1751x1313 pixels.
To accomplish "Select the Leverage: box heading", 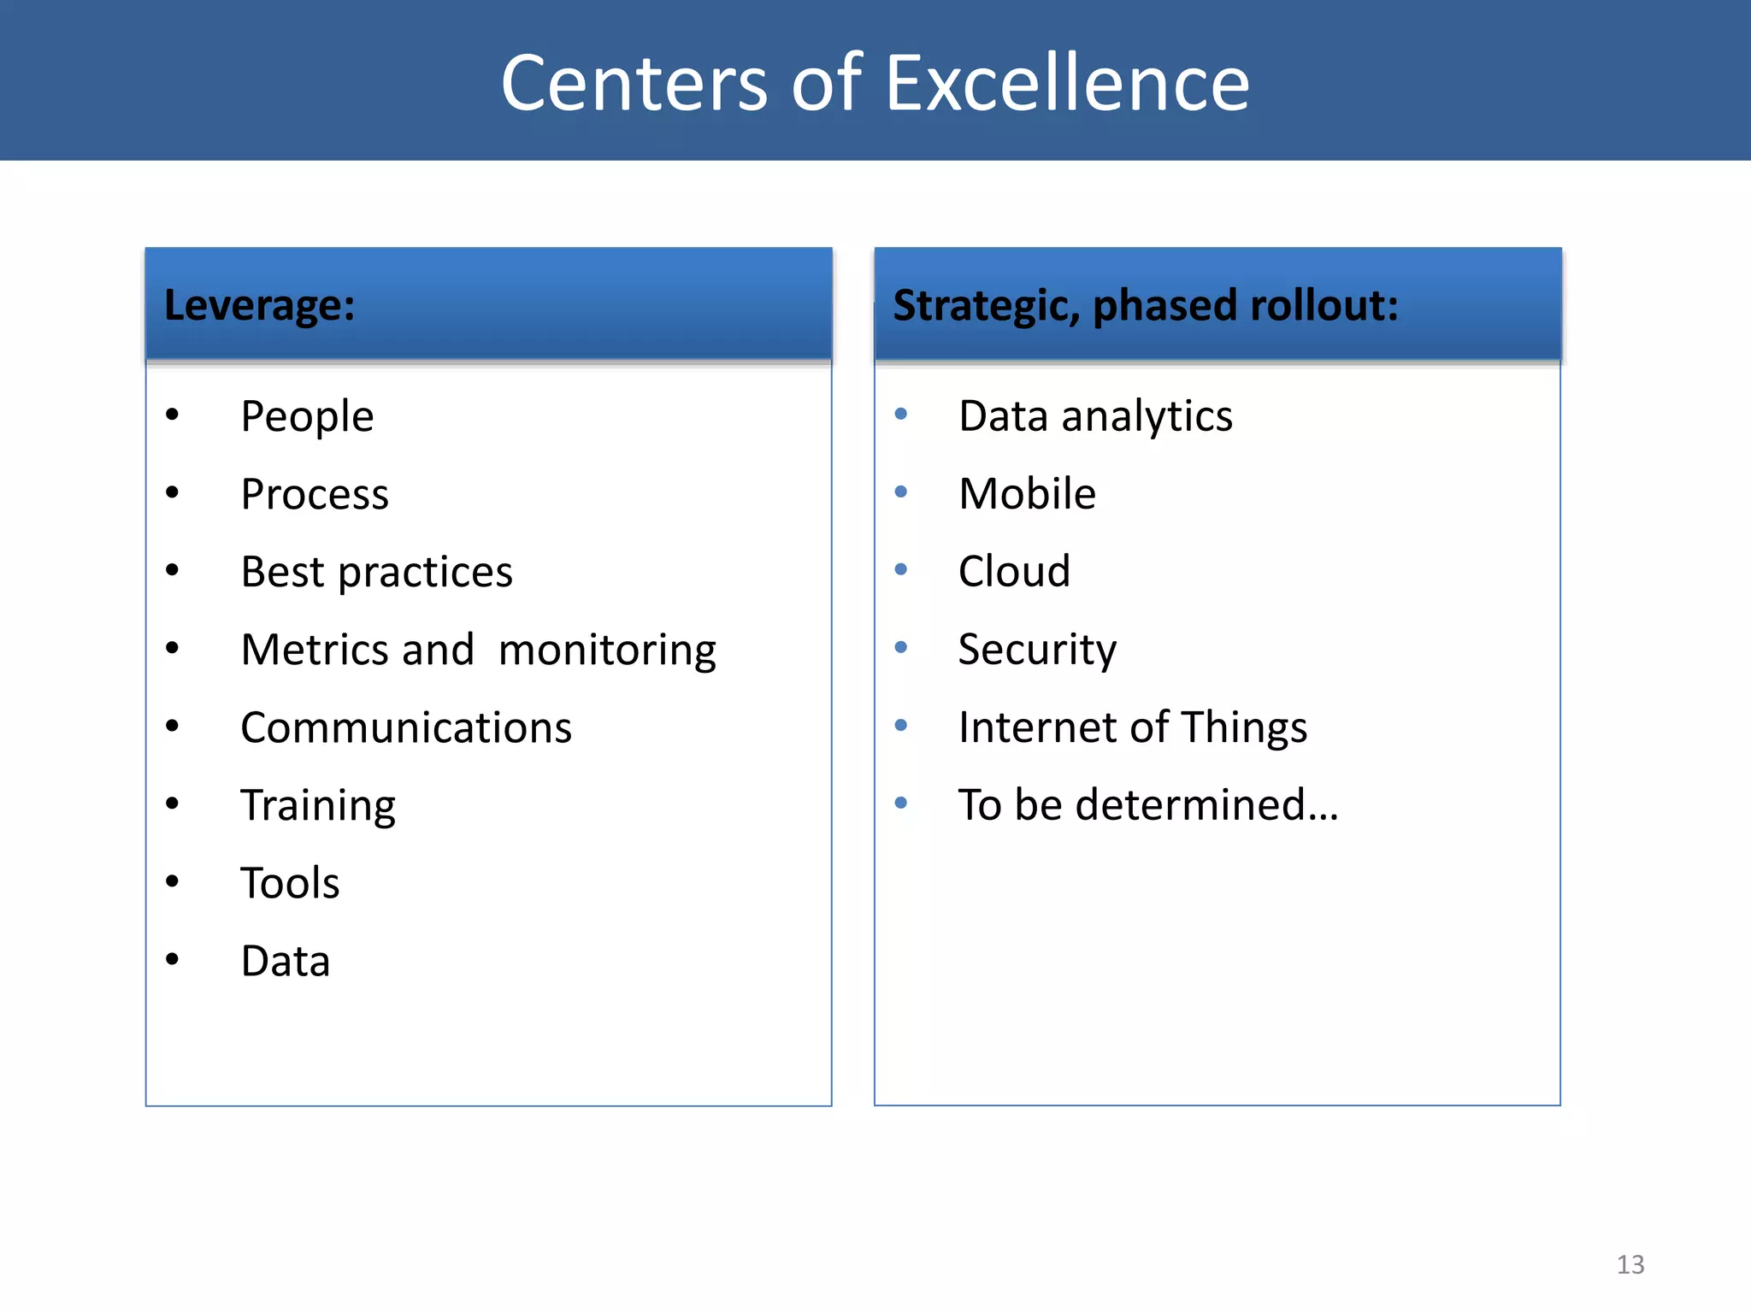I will click(x=259, y=305).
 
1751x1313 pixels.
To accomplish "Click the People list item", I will click(x=307, y=417).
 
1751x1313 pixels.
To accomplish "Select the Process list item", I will click(x=315, y=495).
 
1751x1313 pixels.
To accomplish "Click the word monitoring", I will click(x=607, y=651).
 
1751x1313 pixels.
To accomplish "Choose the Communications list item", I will click(x=406, y=728).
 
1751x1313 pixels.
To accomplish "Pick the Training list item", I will click(x=318, y=806).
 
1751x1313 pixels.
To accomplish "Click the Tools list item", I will click(x=290, y=883).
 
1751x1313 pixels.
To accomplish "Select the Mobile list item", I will click(x=1027, y=494).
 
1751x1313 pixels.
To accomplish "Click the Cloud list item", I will click(x=1014, y=571).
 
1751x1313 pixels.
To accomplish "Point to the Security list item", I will click(x=1037, y=650).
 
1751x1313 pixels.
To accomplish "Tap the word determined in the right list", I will click(x=1206, y=805).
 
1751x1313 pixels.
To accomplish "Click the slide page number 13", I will click(x=1630, y=1264).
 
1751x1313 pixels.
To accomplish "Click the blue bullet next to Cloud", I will click(x=900, y=569).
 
